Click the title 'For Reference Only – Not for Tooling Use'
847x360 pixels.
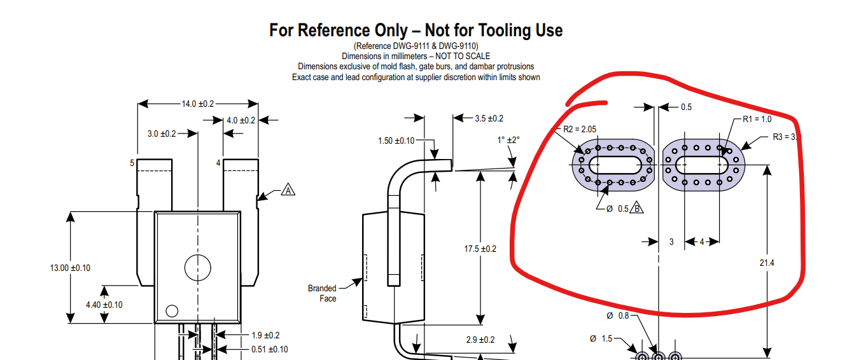416,30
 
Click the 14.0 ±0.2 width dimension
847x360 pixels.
198,104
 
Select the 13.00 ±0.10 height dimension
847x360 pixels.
70,268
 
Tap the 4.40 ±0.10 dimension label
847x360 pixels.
104,305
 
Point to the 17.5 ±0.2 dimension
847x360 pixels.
480,249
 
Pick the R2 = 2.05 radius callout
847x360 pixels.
580,129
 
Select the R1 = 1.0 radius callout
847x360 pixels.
757,119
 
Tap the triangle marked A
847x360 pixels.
288,190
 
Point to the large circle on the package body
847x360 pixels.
197,268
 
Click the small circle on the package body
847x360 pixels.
171,310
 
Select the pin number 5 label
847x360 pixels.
132,163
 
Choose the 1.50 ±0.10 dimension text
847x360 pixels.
396,141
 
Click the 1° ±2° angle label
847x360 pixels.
508,139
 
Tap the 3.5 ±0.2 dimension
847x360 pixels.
489,118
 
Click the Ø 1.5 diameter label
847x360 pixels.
601,338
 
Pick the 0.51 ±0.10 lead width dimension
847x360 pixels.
269,349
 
